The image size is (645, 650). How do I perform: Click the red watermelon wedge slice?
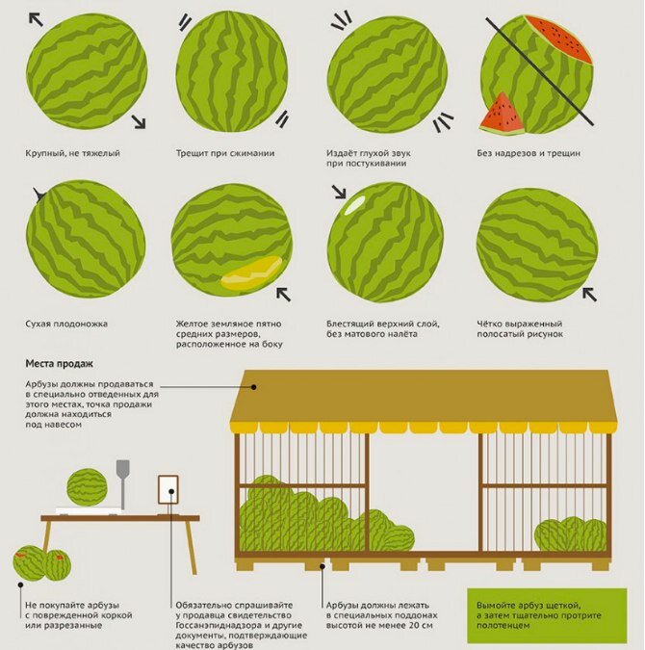click(x=502, y=116)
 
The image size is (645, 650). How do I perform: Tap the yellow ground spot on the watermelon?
click(x=251, y=273)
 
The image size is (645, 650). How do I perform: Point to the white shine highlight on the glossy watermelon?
click(x=355, y=204)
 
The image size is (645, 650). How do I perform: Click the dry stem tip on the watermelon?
click(x=39, y=195)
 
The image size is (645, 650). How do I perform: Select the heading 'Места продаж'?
click(x=60, y=364)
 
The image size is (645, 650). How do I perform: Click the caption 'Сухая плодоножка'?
click(x=66, y=324)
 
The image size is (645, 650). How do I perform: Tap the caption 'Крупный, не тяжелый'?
click(x=72, y=153)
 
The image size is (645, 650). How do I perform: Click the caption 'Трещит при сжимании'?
click(x=225, y=153)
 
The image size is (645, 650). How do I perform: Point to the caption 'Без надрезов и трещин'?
click(x=529, y=153)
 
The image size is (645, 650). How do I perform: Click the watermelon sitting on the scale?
click(x=87, y=487)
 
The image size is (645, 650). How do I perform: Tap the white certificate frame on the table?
click(x=168, y=490)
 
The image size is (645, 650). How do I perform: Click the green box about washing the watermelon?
click(x=547, y=615)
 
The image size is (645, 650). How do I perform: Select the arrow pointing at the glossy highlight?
click(x=339, y=192)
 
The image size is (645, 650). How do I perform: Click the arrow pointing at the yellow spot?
click(x=284, y=294)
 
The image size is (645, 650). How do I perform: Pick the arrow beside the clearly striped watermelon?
click(x=589, y=294)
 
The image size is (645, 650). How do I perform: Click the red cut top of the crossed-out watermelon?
click(x=557, y=39)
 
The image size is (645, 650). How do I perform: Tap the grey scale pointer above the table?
click(x=122, y=483)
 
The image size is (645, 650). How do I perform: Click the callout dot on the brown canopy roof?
click(x=254, y=387)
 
